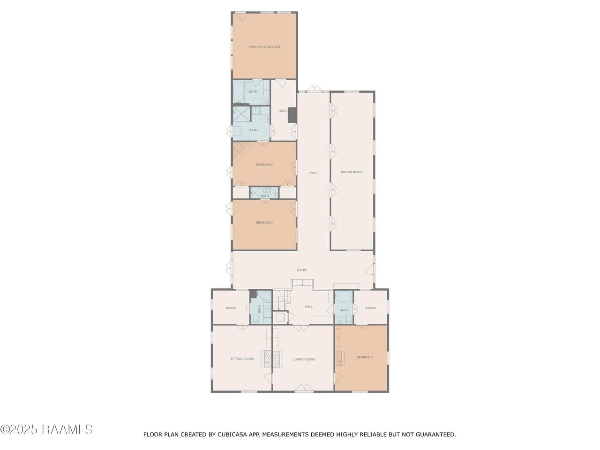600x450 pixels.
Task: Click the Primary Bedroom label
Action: tap(264, 47)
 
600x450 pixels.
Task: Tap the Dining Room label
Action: tap(352, 172)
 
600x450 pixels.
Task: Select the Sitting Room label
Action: tap(242, 359)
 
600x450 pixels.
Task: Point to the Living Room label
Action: tap(303, 359)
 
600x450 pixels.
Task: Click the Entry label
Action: tap(302, 270)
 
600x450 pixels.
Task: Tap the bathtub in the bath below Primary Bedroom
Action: tap(239, 92)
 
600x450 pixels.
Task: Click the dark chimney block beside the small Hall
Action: tap(292, 115)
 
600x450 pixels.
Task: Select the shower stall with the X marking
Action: tap(241, 113)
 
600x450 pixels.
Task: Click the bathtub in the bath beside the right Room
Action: tap(344, 296)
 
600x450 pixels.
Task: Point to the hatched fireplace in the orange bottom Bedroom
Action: tap(339, 358)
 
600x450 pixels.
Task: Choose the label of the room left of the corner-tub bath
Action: tap(231, 308)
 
